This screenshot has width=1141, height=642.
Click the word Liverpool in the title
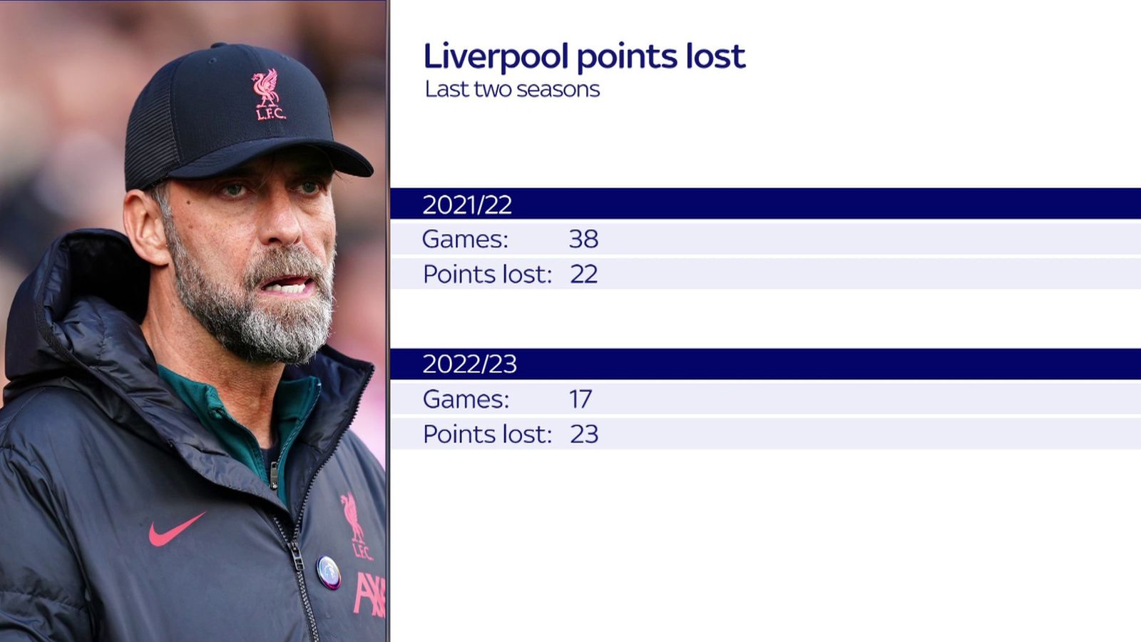coord(495,56)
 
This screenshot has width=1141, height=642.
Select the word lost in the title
coord(715,56)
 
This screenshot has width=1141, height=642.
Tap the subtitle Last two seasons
coord(512,89)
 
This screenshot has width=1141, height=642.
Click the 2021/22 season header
coord(467,205)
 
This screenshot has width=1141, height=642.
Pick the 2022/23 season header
coord(469,364)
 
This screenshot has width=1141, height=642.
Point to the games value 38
coord(583,239)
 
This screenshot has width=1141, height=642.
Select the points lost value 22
coord(583,274)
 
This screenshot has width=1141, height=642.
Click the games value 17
coord(580,399)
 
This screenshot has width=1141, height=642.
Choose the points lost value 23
coord(584,434)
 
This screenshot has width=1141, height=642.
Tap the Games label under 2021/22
coord(465,239)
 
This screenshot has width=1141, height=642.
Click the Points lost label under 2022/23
coord(487,434)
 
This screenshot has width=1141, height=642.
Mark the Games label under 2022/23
coord(466,399)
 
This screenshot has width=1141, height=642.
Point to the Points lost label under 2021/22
coord(487,274)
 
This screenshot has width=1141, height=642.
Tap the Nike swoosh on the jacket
coord(175,530)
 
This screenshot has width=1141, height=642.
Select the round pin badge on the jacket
coord(328,571)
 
